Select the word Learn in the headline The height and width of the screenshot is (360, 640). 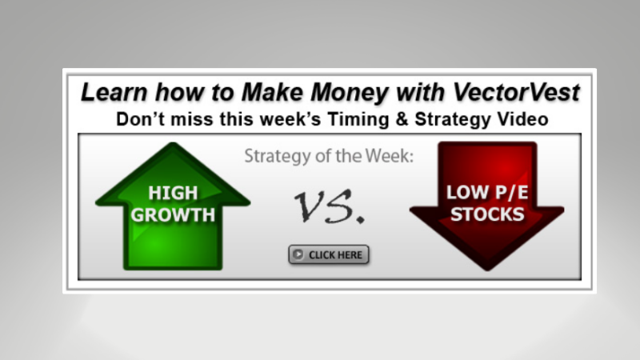point(113,92)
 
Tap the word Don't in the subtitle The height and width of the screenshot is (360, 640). point(140,119)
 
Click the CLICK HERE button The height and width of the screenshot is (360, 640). point(329,255)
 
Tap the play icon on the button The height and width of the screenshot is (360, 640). point(298,255)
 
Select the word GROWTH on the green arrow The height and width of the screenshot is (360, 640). point(173,214)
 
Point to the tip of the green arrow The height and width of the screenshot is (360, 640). point(173,145)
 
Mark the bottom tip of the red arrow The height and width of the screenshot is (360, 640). point(486,269)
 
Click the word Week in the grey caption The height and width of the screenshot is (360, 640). point(390,157)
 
